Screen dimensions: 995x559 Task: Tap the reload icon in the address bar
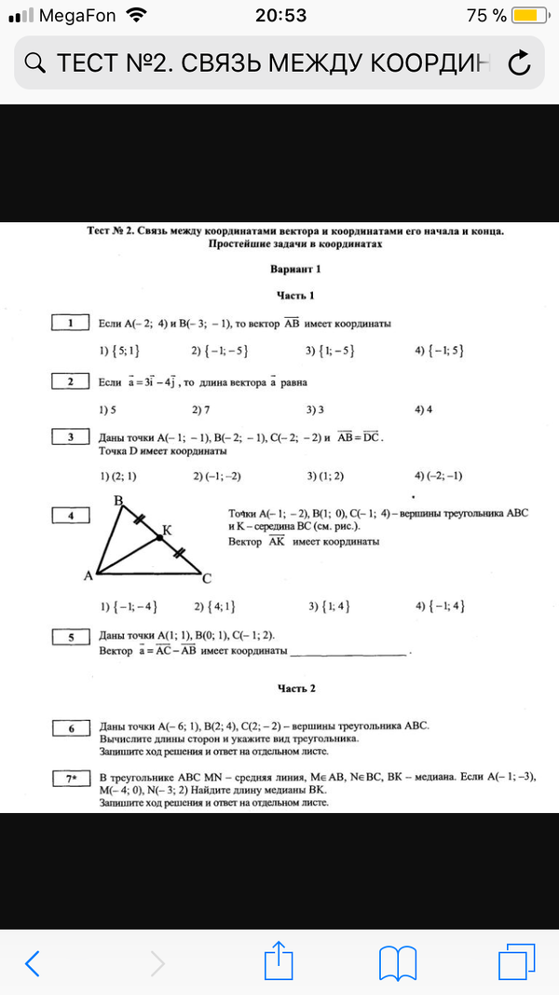[519, 62]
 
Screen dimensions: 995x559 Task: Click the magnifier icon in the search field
[34, 63]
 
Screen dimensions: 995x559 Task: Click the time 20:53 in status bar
[279, 16]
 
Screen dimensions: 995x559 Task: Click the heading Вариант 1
[297, 269]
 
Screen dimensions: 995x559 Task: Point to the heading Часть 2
[297, 688]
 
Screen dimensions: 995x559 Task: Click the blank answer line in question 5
[349, 653]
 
